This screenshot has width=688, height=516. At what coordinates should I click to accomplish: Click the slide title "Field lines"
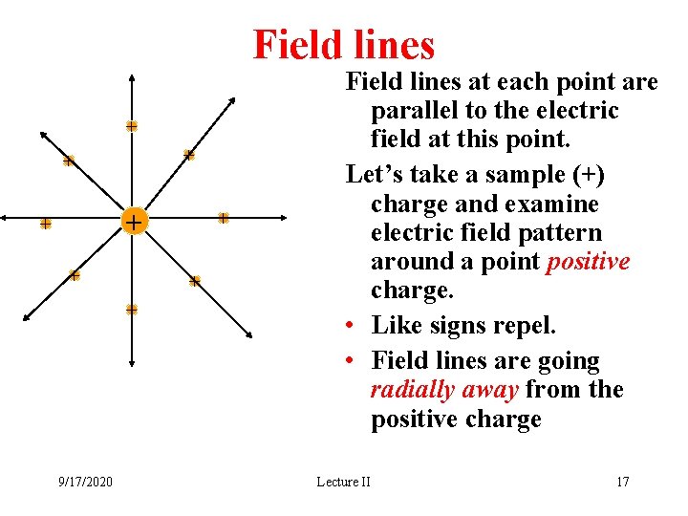click(x=343, y=44)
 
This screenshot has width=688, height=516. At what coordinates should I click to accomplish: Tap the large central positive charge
click(x=134, y=222)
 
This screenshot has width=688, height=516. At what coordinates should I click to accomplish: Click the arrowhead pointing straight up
click(x=132, y=76)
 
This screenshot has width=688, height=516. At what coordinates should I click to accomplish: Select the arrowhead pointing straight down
click(x=132, y=362)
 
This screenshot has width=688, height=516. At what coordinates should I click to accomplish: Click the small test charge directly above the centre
click(x=132, y=126)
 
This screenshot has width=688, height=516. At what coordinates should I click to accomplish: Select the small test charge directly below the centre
click(x=132, y=309)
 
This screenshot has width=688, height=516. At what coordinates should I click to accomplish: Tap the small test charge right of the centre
click(x=223, y=218)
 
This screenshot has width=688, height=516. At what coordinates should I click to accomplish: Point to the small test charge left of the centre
click(x=45, y=224)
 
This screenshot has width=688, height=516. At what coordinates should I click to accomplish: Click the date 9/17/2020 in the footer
click(x=84, y=482)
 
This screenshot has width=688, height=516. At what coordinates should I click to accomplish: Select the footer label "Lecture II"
click(x=343, y=482)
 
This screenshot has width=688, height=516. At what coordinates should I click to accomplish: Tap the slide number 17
click(x=622, y=482)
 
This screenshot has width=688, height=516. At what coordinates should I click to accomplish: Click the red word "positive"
click(x=588, y=262)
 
